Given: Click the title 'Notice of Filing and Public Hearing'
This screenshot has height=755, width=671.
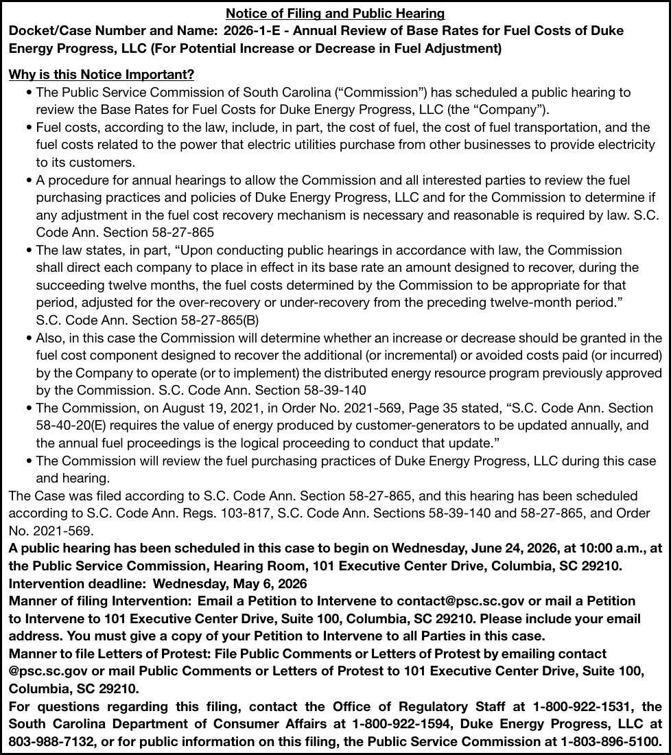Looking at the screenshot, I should point(335,13).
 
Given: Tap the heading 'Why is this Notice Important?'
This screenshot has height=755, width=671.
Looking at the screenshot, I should point(101,74).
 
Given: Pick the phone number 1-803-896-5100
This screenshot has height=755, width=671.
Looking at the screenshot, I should point(611,741).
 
